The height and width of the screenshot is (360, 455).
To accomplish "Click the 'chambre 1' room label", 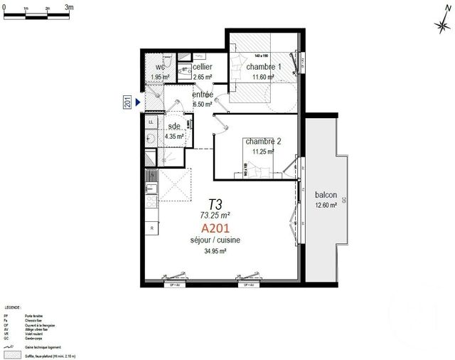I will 264,67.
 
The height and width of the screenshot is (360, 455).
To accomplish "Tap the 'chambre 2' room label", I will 262,142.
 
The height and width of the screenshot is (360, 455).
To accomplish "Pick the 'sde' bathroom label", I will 174,127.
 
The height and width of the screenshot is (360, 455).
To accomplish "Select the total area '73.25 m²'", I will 215,214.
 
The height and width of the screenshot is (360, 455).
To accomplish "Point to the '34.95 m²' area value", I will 215,251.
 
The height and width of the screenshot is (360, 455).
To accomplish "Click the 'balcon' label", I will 326,194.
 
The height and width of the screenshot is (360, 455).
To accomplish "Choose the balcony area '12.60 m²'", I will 327,207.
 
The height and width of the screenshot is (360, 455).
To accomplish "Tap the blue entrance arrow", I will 139,104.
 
